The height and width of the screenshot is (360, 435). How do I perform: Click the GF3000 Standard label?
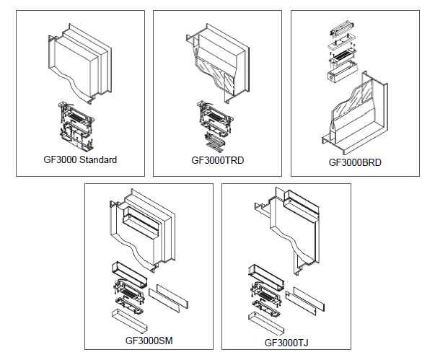tap(79, 159)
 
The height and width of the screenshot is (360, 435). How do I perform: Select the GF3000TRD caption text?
tap(217, 160)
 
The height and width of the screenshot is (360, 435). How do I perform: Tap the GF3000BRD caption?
tap(355, 162)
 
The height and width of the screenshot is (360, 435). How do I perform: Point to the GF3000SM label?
tap(149, 339)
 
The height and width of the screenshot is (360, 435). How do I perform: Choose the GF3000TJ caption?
tap(286, 342)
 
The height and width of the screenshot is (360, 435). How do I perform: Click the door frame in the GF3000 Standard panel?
tap(81, 61)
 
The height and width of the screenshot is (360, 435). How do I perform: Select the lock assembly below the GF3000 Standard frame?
tap(75, 127)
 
